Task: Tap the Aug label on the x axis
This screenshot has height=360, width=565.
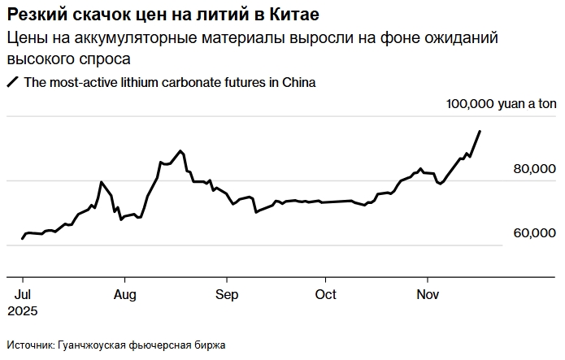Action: pos(124,295)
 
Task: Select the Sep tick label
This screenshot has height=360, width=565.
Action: pos(226,295)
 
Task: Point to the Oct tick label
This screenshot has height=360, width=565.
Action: pos(325,295)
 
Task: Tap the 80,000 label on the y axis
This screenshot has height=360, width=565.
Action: pos(528,169)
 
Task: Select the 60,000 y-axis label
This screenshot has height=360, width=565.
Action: pos(528,233)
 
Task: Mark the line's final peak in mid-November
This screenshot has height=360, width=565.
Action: pos(480,131)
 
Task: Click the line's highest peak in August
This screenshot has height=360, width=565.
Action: pos(180,150)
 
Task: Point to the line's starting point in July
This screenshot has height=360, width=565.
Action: pos(22,239)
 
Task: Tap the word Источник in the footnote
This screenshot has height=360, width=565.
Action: pos(29,345)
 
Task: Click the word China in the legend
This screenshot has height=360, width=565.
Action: pos(298,82)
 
